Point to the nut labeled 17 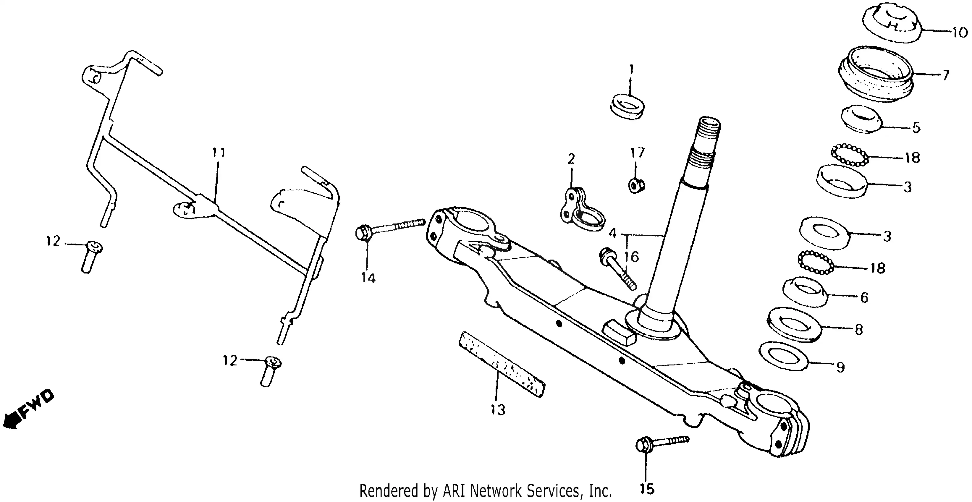637,185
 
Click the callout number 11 219,153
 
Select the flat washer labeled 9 783,357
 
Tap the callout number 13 498,409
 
